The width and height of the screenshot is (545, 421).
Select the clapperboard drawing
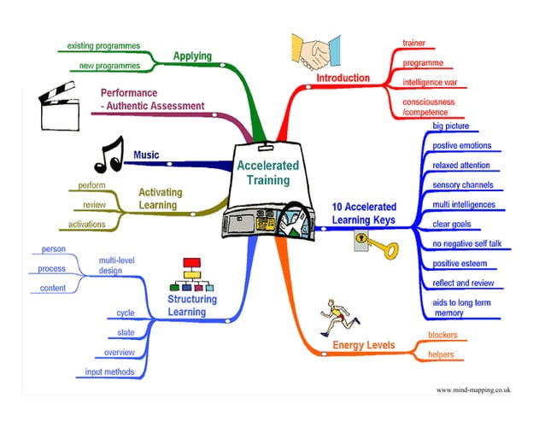[x=62, y=108]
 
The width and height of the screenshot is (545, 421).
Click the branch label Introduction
[x=343, y=78]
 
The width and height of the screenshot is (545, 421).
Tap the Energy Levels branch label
[x=363, y=344]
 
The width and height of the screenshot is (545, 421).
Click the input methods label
[x=109, y=371]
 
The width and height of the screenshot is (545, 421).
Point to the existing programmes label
[x=105, y=44]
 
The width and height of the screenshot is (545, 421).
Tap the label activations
[x=87, y=225]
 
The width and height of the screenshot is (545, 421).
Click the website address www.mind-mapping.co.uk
[x=472, y=389]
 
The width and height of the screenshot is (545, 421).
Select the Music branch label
[x=146, y=155]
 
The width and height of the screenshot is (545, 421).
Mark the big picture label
[x=451, y=126]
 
